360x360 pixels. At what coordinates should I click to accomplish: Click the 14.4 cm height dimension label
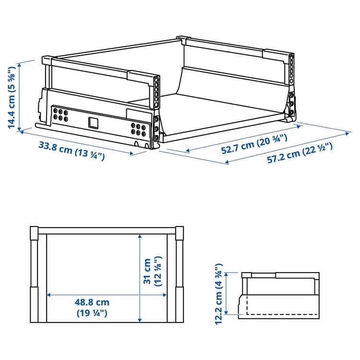coord(12,98)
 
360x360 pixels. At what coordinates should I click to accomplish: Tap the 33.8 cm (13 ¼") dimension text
coord(72,151)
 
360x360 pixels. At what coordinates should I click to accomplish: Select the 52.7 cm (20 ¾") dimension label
coord(254,144)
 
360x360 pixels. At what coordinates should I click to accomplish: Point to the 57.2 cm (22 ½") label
coord(300,152)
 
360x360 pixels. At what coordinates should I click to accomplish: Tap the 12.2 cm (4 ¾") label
coord(218,294)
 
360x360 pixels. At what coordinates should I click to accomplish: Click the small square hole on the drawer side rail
coord(93,122)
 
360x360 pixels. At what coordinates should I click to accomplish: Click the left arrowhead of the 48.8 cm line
coord(48,295)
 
